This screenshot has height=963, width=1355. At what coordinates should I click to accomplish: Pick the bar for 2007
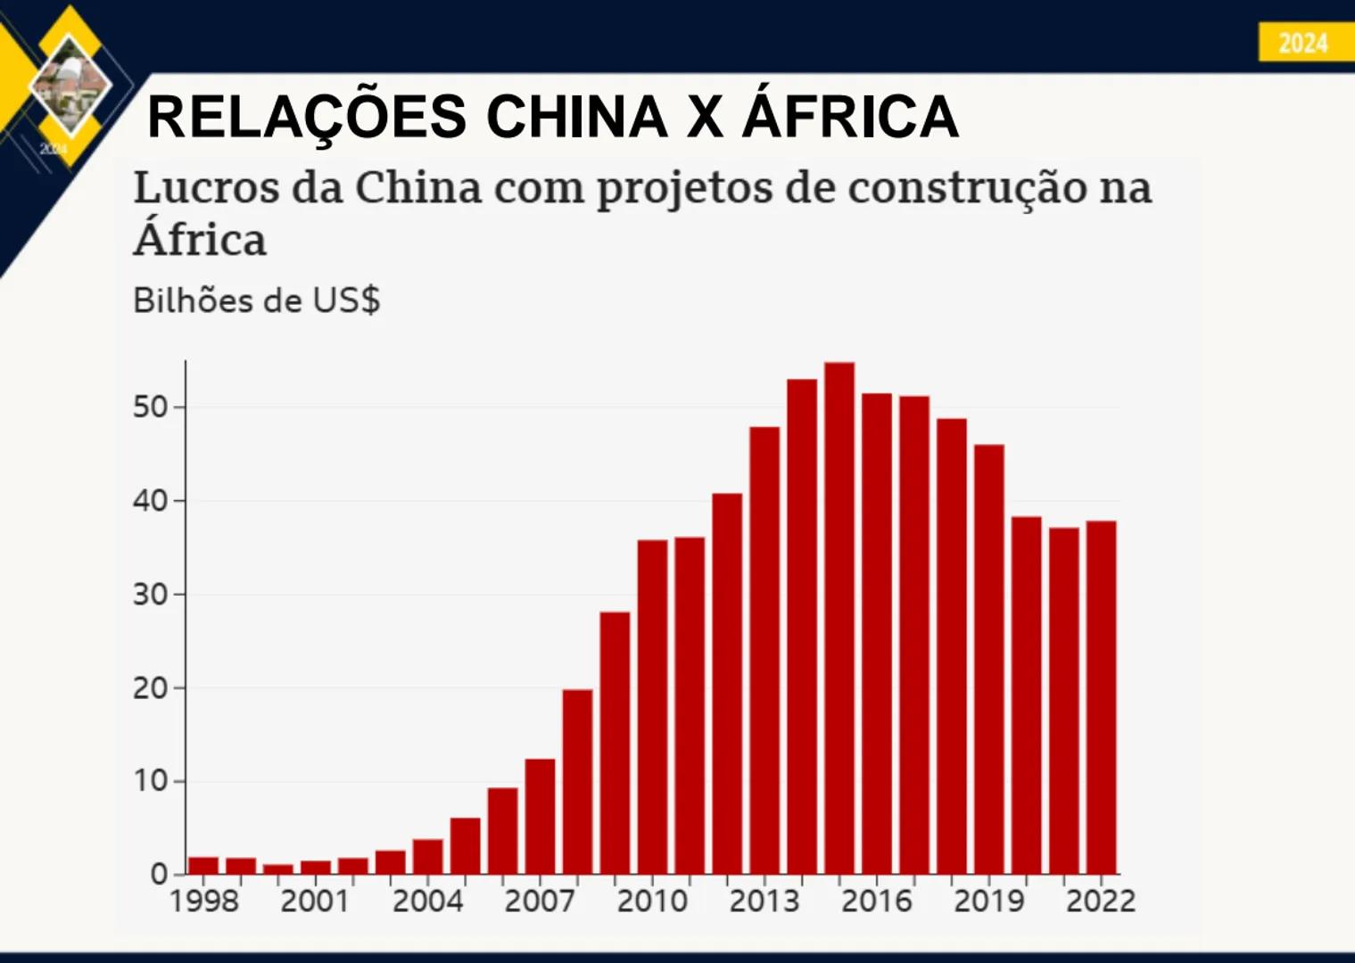[x=540, y=816]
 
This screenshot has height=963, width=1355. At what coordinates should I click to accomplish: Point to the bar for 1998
[x=203, y=865]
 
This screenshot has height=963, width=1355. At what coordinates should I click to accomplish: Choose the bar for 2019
[x=988, y=659]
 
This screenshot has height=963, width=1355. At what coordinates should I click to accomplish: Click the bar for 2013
[x=764, y=650]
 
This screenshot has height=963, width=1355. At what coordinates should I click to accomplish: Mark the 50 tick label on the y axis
[x=150, y=407]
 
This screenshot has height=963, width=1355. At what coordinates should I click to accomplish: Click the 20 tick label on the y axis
[x=150, y=688]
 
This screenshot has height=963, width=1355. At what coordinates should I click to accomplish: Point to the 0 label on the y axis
[x=159, y=875]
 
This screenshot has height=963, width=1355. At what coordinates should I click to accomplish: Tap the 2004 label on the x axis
[x=427, y=901]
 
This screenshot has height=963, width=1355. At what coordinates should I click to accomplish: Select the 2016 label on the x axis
[x=876, y=901]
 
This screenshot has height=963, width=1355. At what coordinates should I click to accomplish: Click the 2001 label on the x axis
[x=315, y=901]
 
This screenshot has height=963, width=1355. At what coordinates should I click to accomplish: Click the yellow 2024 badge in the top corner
[x=1302, y=43]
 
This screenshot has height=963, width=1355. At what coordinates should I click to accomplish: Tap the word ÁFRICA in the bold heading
[x=850, y=117]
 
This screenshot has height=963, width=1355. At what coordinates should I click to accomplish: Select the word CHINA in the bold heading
[x=577, y=117]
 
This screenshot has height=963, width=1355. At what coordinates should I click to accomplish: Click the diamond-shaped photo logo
[x=70, y=85]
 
